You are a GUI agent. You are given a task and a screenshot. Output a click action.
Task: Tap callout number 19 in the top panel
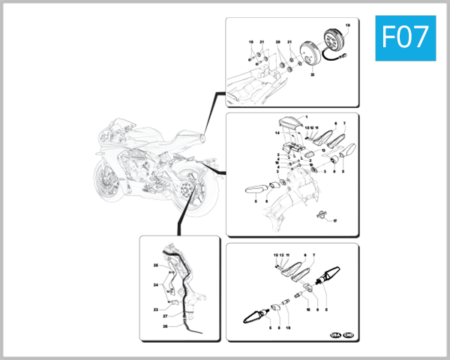(x=347, y=26)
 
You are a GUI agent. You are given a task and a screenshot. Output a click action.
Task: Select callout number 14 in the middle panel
(x=277, y=133)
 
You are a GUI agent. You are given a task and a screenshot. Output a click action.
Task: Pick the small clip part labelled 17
(x=324, y=217)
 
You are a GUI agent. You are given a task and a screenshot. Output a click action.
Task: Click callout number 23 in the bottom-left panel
(x=156, y=309)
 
